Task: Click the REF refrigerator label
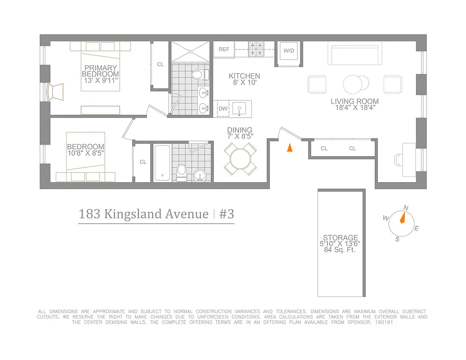(224, 49)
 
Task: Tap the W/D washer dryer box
(288, 50)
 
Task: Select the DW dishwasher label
(223, 108)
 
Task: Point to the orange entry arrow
(290, 147)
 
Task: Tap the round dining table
(241, 158)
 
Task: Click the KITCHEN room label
(244, 76)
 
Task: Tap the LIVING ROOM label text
(354, 102)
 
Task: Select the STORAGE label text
(341, 238)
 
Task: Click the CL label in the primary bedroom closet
(161, 64)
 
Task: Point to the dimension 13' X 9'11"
(101, 81)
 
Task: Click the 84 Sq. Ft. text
(340, 250)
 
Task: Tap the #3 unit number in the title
(226, 214)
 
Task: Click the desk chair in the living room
(399, 160)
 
